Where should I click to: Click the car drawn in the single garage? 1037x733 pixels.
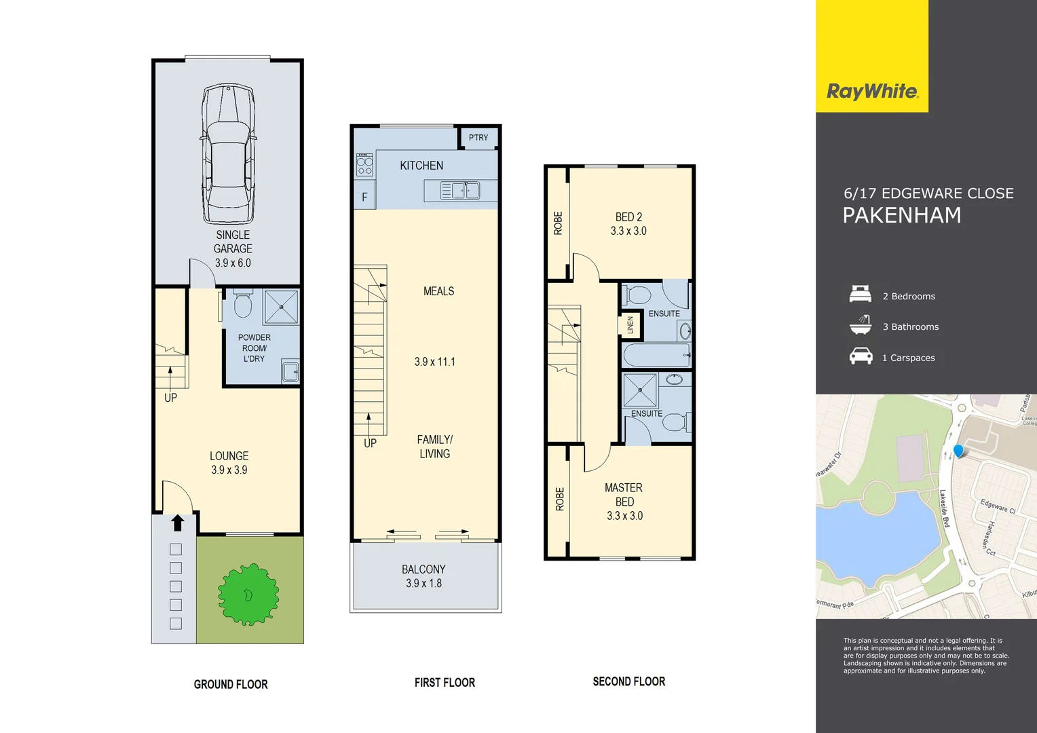pos(229,155)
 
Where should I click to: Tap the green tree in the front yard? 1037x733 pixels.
pos(248,595)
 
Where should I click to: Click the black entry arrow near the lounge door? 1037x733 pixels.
pos(177,523)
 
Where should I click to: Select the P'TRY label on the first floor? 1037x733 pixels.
pos(478,138)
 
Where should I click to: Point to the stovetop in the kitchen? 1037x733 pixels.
pos(365,165)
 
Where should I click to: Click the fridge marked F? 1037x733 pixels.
pos(364,197)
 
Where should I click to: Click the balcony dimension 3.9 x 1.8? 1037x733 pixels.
pos(423,584)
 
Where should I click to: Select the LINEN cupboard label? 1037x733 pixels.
pos(630,324)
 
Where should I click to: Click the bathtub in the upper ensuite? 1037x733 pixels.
pos(656,355)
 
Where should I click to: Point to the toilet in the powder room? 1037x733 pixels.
pos(242,305)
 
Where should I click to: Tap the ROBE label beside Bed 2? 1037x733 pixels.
pos(558,223)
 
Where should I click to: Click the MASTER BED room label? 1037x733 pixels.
pos(624,495)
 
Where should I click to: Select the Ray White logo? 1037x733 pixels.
pos(872,91)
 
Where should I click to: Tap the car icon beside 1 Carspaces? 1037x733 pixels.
pos(861,356)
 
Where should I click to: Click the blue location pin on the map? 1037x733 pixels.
pos(958,451)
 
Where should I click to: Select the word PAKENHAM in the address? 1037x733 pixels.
pos(902,216)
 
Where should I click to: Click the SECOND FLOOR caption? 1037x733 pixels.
pos(628,681)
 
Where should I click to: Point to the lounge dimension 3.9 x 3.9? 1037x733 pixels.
pos(229,470)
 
